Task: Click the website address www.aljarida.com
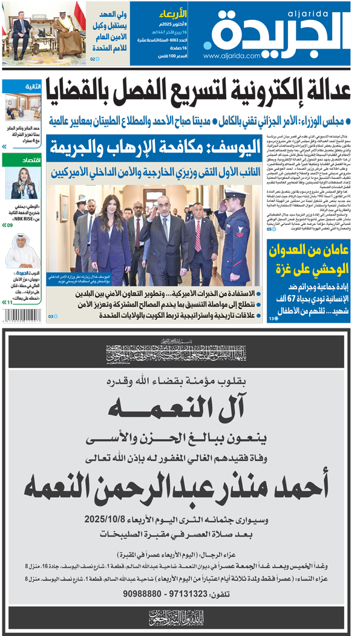227,56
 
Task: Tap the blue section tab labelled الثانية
32,87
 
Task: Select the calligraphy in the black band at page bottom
181,617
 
